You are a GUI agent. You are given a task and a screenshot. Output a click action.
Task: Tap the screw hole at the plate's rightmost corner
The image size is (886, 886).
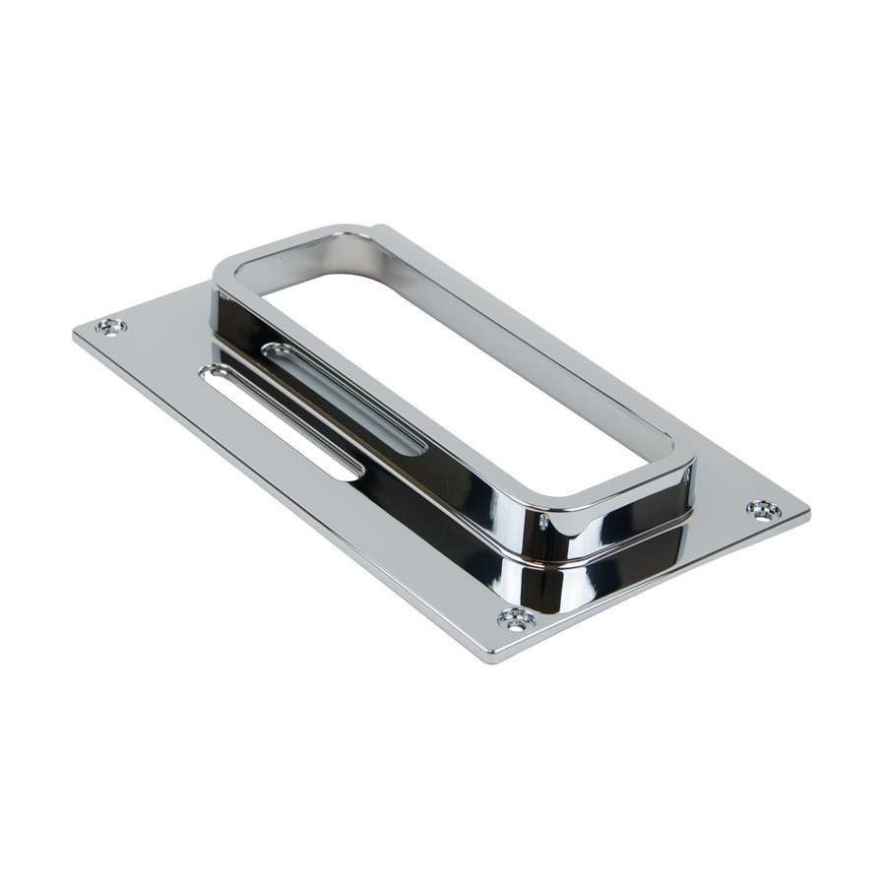tap(763, 509)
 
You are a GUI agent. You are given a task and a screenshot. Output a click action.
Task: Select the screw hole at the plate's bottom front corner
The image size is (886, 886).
tap(514, 617)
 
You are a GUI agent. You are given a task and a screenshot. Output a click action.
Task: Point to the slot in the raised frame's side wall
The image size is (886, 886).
tap(344, 398)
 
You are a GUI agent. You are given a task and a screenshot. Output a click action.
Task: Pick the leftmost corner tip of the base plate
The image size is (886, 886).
tap(75, 331)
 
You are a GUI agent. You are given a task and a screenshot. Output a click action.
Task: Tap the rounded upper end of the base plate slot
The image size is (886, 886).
tap(210, 372)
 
